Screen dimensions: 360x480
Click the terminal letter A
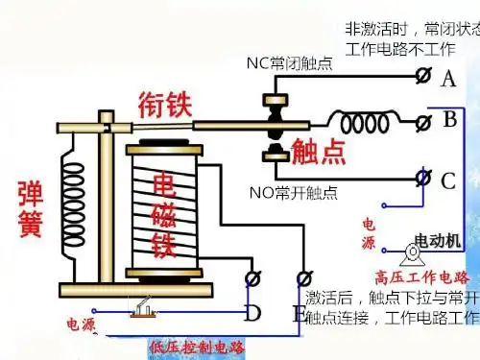coord(448,80)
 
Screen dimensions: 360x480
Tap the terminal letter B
coord(449,122)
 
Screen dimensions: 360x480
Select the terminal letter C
coord(448,180)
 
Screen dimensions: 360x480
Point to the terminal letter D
coord(252,312)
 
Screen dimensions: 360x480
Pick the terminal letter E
coord(300,313)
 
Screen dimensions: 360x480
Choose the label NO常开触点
coord(294,193)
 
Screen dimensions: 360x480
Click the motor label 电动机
coord(438,237)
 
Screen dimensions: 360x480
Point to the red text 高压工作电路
coord(421,276)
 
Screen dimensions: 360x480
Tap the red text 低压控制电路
coord(197,346)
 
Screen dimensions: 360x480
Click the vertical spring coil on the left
coord(73,205)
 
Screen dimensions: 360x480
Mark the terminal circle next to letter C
coord(422,177)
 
